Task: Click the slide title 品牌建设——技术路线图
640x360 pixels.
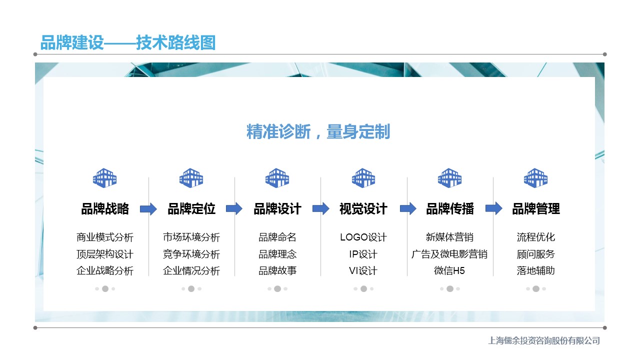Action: coord(128,42)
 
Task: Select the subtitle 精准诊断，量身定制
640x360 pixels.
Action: coord(318,131)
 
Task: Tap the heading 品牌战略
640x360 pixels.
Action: coord(105,209)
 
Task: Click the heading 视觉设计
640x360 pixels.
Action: coord(363,209)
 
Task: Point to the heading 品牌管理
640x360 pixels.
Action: coord(536,209)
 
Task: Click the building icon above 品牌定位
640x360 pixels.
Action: coord(191,177)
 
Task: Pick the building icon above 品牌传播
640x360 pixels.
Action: coord(449,177)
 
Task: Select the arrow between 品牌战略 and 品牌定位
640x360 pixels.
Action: coord(148,209)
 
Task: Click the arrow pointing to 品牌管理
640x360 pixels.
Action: coord(493,208)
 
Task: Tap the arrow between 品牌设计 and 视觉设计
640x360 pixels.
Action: coord(321,208)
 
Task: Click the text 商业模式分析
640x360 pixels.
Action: coord(105,237)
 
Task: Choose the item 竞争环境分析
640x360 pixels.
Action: coord(191,254)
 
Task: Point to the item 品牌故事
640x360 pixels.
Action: coord(277,270)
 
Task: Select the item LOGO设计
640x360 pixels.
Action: coord(363,237)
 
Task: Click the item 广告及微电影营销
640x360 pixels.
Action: coord(449,254)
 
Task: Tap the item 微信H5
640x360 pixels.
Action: coord(449,270)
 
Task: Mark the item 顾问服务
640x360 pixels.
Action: coord(535,254)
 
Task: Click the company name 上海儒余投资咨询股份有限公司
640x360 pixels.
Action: coord(544,340)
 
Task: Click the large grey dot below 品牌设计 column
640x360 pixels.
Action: coord(277,289)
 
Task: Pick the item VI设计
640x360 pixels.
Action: coord(363,270)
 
